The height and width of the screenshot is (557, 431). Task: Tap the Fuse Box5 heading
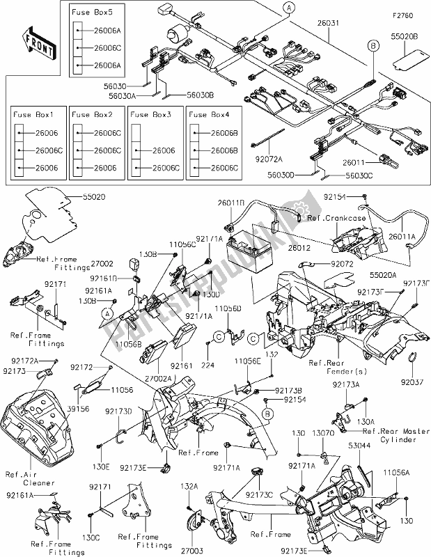pos(89,13)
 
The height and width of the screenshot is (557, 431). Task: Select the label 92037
pos(412,381)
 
